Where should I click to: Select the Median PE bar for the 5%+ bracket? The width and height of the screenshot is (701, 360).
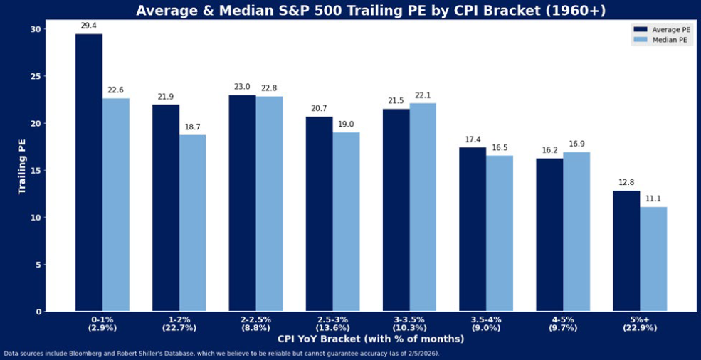[x=653, y=259]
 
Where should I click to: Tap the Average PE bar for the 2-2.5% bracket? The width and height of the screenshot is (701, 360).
[x=243, y=203]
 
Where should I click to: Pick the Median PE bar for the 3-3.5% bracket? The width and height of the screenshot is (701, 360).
[x=423, y=207]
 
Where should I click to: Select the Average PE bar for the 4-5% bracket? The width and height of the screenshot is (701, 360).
[x=549, y=235]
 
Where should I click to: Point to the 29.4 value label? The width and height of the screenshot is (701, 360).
[x=88, y=26]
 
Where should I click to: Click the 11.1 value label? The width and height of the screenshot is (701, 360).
[x=653, y=198]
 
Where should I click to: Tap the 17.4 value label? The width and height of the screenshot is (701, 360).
[x=473, y=139]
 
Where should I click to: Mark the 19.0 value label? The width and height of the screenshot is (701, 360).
[x=346, y=124]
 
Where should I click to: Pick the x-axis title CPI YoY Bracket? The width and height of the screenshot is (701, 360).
[x=369, y=339]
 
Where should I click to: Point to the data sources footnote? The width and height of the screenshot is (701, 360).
[x=221, y=354]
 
